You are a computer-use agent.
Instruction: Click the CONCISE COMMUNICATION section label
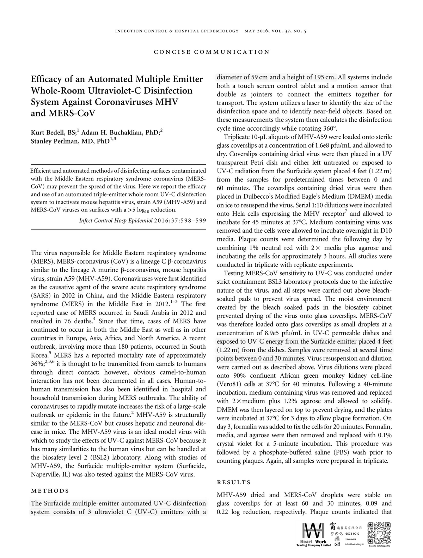coord(211,52)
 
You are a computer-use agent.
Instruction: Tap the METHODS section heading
coord(50,491)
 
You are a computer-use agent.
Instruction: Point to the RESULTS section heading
coord(234,482)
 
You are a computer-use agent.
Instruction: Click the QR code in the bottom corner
coord(379,533)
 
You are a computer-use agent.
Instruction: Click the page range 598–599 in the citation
coord(194,221)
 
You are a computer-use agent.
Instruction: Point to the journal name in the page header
coord(177,31)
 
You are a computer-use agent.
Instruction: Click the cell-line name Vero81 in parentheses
coord(229,384)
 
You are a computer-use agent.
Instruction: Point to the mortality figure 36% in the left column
coord(37,364)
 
